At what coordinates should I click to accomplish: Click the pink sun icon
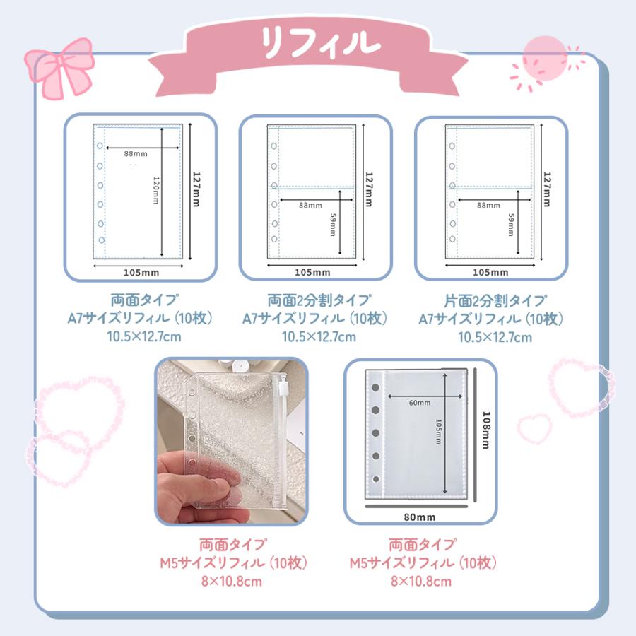coord(545,57)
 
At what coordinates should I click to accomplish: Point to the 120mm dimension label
coord(155,190)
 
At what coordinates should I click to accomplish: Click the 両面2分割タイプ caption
coord(319,300)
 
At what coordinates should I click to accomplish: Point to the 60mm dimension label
coord(419,403)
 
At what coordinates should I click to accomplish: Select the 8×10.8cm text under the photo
coord(233,582)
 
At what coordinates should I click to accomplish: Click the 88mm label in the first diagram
coord(135,153)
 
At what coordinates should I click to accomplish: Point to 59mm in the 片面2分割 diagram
coord(510,225)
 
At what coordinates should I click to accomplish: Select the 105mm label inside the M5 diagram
coord(438,431)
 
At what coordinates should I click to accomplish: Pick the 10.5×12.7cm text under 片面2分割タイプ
coord(495,337)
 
